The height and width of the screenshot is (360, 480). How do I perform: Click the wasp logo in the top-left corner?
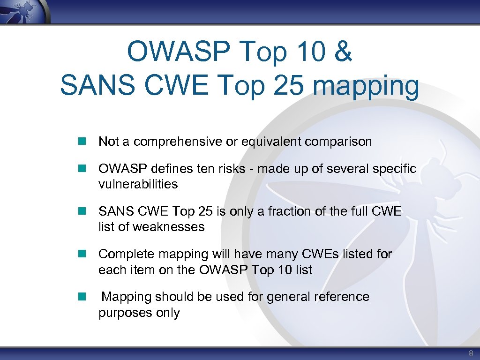pos(23,10)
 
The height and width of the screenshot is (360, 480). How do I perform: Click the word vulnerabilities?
pos(138,184)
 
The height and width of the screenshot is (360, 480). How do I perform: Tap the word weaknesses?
pos(169,227)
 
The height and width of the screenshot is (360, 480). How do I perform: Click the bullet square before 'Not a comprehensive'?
pos(82,141)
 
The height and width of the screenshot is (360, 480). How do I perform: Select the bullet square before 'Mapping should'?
pos(82,296)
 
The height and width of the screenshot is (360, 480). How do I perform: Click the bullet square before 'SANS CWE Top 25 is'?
pos(82,211)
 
